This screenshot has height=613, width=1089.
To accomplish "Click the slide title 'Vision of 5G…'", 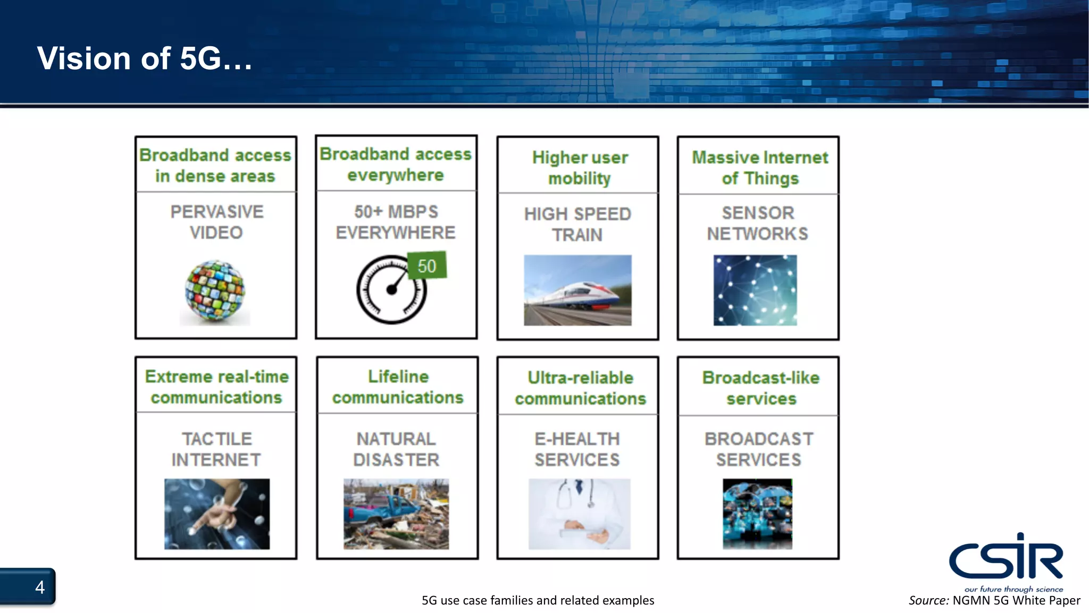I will (144, 59).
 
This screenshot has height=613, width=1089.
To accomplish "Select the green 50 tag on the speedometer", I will (426, 266).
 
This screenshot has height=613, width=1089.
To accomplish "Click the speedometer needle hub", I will (391, 290).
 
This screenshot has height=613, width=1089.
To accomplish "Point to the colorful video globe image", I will (215, 291).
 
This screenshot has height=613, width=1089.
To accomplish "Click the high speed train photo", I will (577, 290).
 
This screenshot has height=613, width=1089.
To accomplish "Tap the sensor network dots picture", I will (755, 290).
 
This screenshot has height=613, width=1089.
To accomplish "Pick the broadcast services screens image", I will (757, 513).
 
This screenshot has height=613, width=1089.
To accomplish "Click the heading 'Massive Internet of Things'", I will (760, 168).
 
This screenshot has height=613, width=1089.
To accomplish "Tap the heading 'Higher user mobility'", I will (580, 168).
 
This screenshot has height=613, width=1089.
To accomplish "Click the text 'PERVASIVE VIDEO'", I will (216, 222).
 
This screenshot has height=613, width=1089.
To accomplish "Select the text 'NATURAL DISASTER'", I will (397, 449).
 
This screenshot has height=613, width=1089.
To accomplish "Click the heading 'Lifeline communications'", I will (398, 387).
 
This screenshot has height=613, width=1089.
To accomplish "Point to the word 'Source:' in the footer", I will (928, 601).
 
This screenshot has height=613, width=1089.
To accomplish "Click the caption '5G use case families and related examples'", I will (538, 601).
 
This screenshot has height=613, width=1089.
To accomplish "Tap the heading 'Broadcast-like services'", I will (761, 388).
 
